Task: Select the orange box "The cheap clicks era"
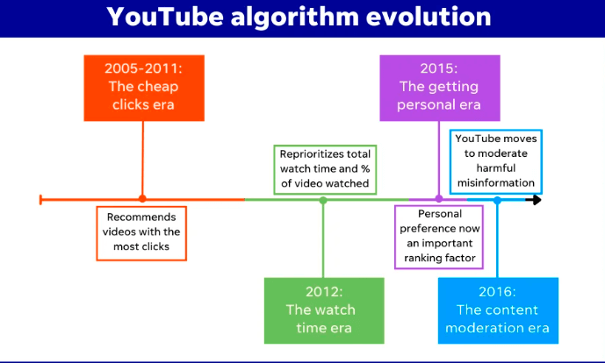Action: coord(143,87)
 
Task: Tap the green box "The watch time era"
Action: coord(324,310)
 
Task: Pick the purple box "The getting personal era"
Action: coord(439,87)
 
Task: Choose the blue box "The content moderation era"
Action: coord(498,310)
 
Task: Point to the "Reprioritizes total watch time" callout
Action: coord(321,169)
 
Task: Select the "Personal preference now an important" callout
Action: coord(440,236)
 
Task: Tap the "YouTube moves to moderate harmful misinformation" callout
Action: coord(496,160)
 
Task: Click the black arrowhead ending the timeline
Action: coord(535,200)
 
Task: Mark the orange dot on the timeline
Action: coord(143,200)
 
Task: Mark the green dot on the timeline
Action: coord(323,200)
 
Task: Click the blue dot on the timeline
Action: coord(497,200)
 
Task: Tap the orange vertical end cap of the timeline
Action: coord(41,200)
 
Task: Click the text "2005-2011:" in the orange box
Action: coord(143,68)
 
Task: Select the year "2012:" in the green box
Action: coord(324,292)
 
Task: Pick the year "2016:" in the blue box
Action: coord(498,292)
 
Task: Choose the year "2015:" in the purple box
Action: coord(439,68)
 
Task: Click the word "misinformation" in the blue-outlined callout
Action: coord(496,182)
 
